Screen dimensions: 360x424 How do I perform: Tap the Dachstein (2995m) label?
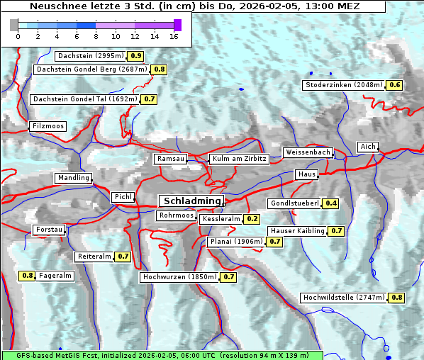[91, 56]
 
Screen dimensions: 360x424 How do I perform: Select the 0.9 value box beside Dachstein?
[135, 56]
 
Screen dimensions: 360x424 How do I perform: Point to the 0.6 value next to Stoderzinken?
[394, 85]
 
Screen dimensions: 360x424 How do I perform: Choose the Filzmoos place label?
[48, 126]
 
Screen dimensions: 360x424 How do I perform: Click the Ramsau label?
[171, 159]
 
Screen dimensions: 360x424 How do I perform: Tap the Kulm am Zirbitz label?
[239, 159]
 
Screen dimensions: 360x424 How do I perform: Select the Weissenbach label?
[308, 152]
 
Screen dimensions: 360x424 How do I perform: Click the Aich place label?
[368, 147]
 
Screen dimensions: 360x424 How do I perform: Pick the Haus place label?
[306, 174]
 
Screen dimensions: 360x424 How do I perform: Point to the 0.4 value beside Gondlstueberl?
[331, 203]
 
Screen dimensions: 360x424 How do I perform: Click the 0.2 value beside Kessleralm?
[252, 220]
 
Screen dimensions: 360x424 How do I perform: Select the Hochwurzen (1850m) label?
[179, 277]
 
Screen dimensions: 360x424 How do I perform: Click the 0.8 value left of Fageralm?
[28, 276]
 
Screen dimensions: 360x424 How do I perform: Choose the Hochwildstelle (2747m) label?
[343, 298]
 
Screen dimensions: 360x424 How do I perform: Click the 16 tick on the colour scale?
[173, 35]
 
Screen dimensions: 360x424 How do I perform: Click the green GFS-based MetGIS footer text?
[162, 354]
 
